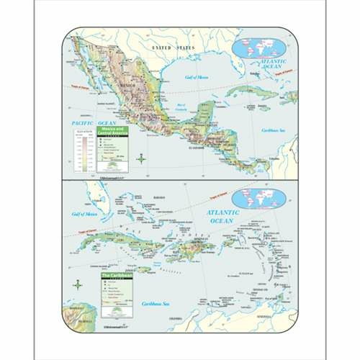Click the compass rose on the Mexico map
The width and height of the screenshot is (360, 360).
(141, 158)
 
